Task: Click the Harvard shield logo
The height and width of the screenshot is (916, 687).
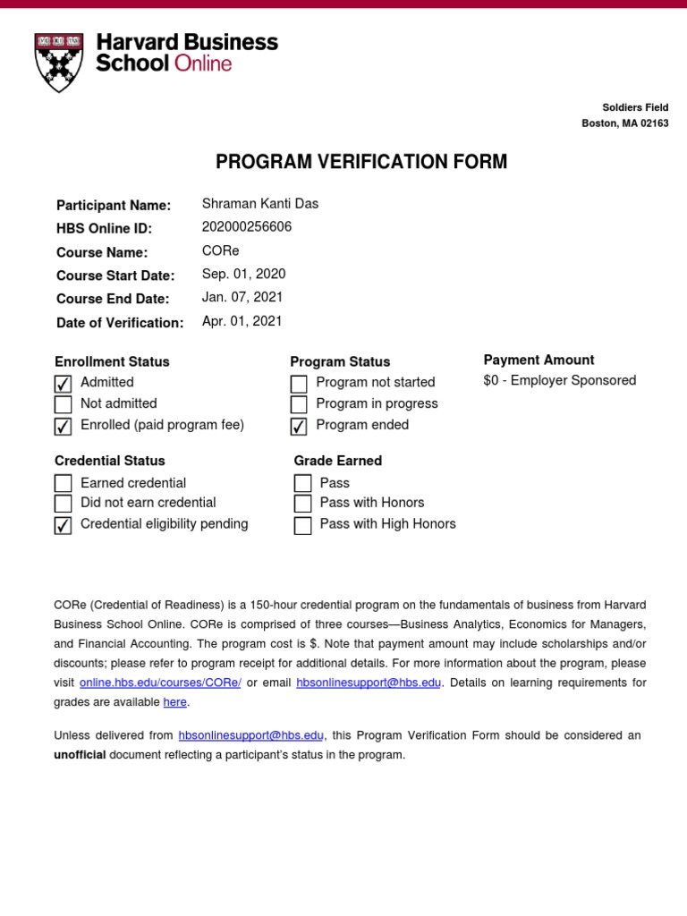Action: point(58,63)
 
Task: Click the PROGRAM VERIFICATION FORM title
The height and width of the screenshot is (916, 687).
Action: point(361,162)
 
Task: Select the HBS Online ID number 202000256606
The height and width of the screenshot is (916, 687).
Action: point(247,227)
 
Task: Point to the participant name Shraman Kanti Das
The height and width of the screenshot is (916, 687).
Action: point(260,204)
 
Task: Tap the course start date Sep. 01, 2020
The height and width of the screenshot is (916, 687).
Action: point(244,274)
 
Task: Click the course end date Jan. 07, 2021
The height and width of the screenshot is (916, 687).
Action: point(243,297)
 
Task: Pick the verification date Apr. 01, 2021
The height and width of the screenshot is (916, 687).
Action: point(242,321)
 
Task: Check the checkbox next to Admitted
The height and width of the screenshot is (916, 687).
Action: point(63,384)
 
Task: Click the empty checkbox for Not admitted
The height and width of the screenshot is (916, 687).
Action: point(63,405)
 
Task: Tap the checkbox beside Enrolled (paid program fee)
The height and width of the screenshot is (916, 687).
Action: point(63,427)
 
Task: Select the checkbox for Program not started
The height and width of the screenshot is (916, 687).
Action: point(299,384)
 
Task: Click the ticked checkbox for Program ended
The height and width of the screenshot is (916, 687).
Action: point(299,427)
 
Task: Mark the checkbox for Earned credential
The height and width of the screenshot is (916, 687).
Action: point(63,484)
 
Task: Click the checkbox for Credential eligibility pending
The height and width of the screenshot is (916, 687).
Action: point(63,526)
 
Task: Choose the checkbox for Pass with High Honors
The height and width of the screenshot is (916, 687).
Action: point(302,526)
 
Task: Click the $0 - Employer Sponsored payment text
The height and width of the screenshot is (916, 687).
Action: point(560,380)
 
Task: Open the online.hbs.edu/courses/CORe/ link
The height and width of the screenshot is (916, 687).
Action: point(159,683)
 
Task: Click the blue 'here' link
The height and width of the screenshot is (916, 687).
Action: point(174,702)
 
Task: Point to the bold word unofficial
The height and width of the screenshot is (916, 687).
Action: point(80,755)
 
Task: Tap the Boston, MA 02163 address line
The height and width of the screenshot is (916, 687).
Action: point(624,123)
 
